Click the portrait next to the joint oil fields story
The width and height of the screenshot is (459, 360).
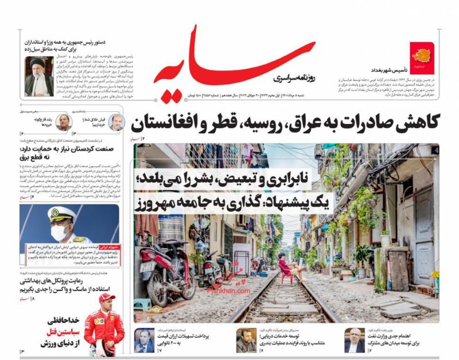(355, 341)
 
